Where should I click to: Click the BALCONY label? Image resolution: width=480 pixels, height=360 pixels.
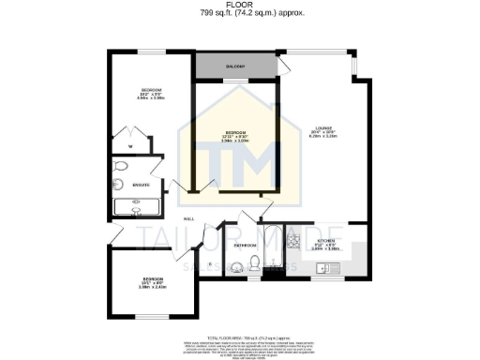(234, 67)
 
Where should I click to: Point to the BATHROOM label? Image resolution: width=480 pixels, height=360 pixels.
(246, 246)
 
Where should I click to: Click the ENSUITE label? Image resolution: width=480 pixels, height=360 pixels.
(141, 185)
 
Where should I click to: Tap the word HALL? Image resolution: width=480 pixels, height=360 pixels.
(188, 218)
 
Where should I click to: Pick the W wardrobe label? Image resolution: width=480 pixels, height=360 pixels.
(130, 147)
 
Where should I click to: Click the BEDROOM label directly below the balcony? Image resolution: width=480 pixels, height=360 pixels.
(235, 133)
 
